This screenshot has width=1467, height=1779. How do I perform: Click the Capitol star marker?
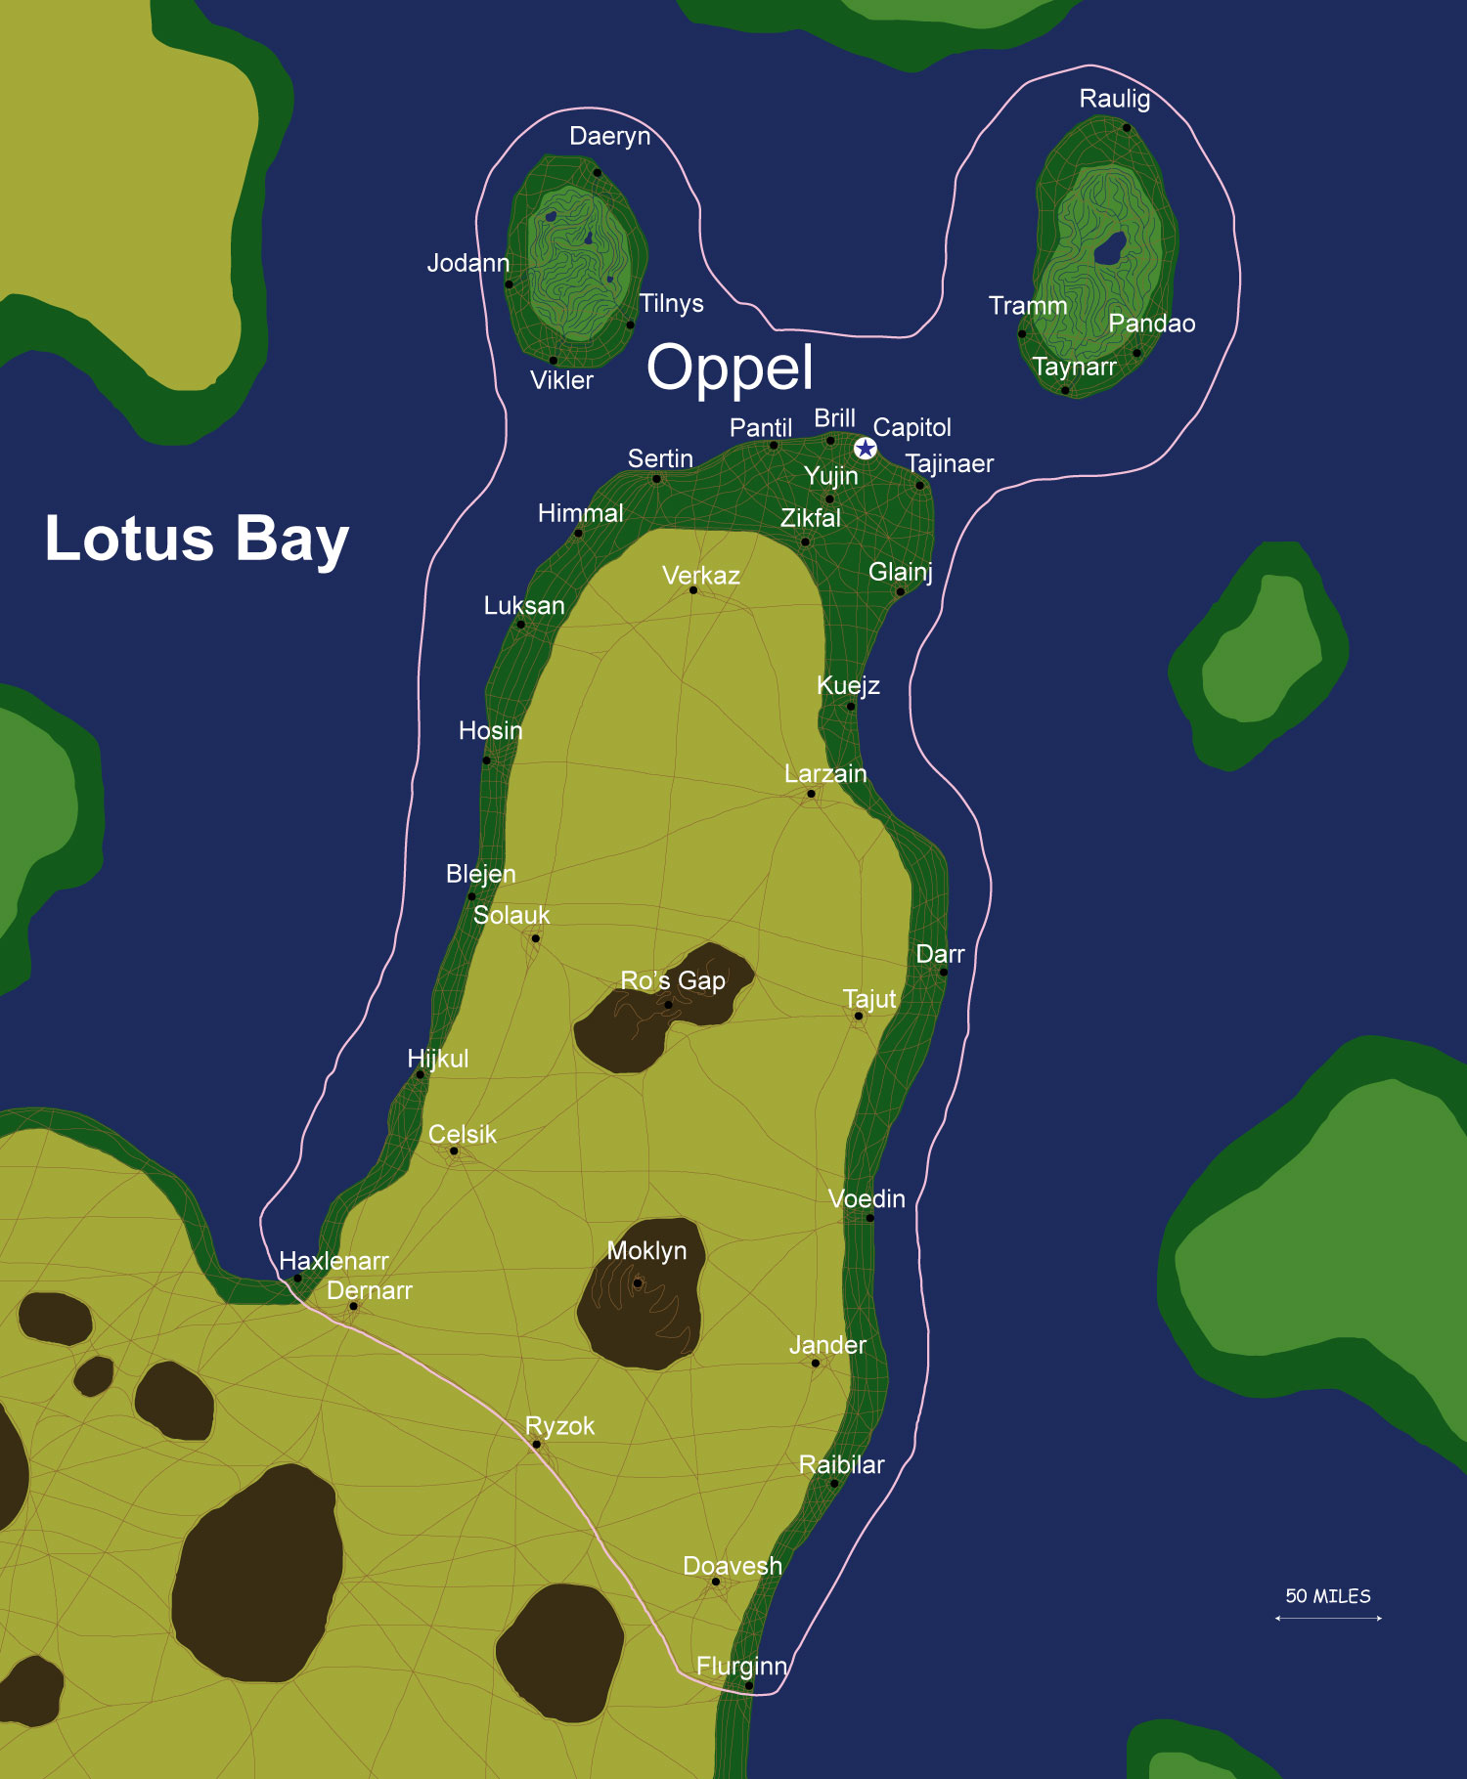[x=866, y=449]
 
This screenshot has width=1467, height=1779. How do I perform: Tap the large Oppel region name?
[x=730, y=368]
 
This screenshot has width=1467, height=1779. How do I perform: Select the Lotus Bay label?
[x=197, y=539]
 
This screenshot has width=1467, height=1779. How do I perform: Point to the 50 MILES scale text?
[x=1327, y=1596]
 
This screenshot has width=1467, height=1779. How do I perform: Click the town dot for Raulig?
[x=1127, y=127]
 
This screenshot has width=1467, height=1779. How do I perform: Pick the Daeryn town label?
[x=609, y=136]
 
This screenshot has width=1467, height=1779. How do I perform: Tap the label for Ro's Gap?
[x=673, y=980]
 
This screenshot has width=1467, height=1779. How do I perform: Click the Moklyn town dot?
[x=638, y=1283]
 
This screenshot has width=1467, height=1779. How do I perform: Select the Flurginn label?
[x=741, y=1666]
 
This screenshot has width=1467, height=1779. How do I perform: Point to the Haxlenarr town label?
[x=333, y=1261]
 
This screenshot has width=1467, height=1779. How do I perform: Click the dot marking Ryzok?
[x=536, y=1445]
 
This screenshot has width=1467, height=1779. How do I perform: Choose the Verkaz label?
[x=700, y=576]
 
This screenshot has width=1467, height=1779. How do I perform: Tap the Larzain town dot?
[x=811, y=794]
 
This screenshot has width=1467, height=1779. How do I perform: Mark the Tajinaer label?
[x=949, y=463]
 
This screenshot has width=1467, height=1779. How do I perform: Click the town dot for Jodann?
[x=509, y=284]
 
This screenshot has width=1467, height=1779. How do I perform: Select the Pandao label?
[x=1151, y=324]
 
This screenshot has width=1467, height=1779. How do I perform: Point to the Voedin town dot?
[x=870, y=1218]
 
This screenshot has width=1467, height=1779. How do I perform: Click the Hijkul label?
[x=437, y=1059]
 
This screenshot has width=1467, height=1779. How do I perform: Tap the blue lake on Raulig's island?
[x=1110, y=248]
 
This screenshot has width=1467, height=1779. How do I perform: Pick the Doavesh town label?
[x=732, y=1566]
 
